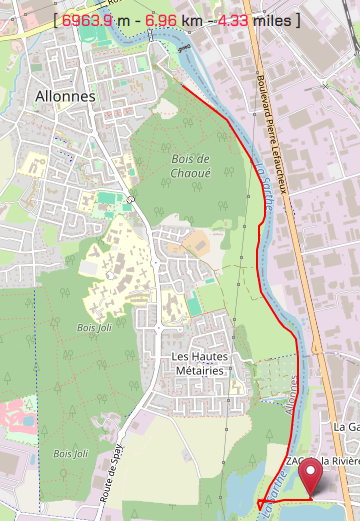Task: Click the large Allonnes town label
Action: click(x=64, y=96)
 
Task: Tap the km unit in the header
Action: click(x=195, y=20)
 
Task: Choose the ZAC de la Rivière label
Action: click(x=322, y=461)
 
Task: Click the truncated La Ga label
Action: click(x=346, y=426)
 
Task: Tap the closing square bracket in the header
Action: click(x=297, y=20)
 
